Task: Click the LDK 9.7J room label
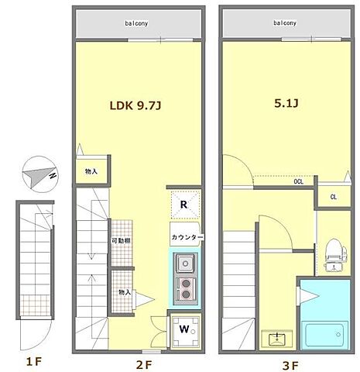pyautogui.click(x=135, y=105)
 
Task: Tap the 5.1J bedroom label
pyautogui.click(x=286, y=103)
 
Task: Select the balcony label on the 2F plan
pyautogui.click(x=136, y=23)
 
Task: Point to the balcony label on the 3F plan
pyautogui.click(x=285, y=22)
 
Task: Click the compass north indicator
pyautogui.click(x=39, y=174)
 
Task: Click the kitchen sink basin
pyautogui.click(x=185, y=263)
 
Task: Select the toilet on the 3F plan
pyautogui.click(x=335, y=255)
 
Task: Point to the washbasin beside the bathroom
pyautogui.click(x=276, y=339)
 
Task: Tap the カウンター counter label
pyautogui.click(x=187, y=237)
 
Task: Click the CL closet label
pyautogui.click(x=334, y=197)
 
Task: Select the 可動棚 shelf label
pyautogui.click(x=121, y=241)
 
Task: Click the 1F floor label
pyautogui.click(x=34, y=362)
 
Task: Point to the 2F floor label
pyautogui.click(x=144, y=365)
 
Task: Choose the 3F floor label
pyautogui.click(x=290, y=366)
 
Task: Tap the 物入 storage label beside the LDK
pyautogui.click(x=91, y=171)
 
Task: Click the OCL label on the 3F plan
pyautogui.click(x=299, y=181)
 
